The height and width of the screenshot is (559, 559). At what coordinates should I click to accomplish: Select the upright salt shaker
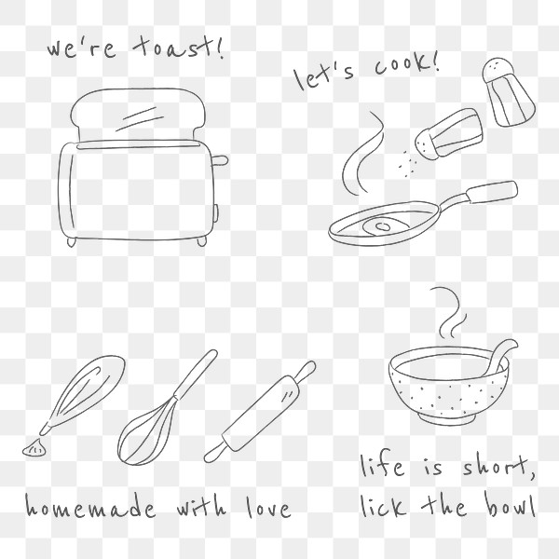(507, 92)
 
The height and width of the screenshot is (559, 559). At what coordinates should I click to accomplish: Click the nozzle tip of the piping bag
(36, 448)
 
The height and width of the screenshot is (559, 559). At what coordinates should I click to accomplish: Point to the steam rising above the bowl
(447, 312)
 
